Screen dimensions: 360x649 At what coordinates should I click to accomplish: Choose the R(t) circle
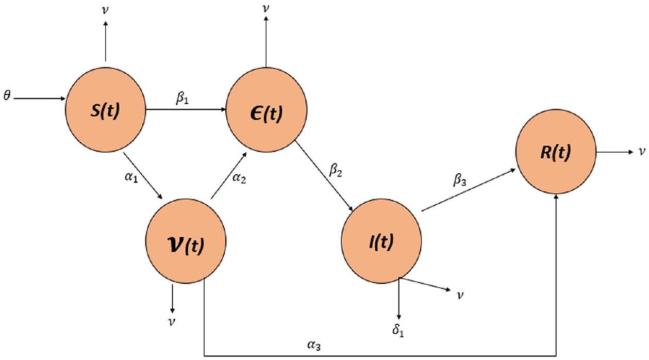pyautogui.click(x=556, y=153)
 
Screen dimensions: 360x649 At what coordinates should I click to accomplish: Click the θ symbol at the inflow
pyautogui.click(x=6, y=97)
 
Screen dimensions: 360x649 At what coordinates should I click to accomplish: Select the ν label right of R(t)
pyautogui.click(x=641, y=152)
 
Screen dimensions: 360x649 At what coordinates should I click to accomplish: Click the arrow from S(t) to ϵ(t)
pyautogui.click(x=186, y=109)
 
